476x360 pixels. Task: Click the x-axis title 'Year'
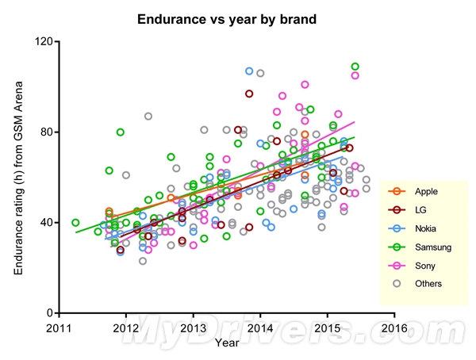click(226, 343)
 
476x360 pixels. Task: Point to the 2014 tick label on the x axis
click(260, 327)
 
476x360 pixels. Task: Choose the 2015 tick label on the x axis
click(328, 327)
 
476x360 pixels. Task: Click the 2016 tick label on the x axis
click(395, 327)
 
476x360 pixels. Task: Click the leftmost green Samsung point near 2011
click(75, 223)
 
